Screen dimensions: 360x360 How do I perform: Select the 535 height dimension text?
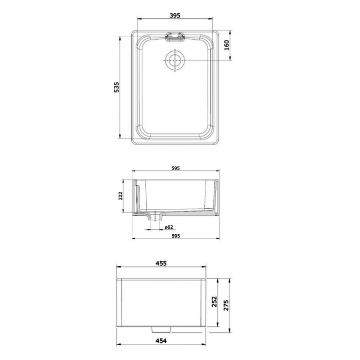[116, 88]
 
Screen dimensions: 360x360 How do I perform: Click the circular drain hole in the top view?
[174, 59]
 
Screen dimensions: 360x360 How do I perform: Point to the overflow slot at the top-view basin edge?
[174, 36]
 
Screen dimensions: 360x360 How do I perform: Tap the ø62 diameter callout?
[169, 227]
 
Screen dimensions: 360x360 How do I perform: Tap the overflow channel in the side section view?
[137, 197]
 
